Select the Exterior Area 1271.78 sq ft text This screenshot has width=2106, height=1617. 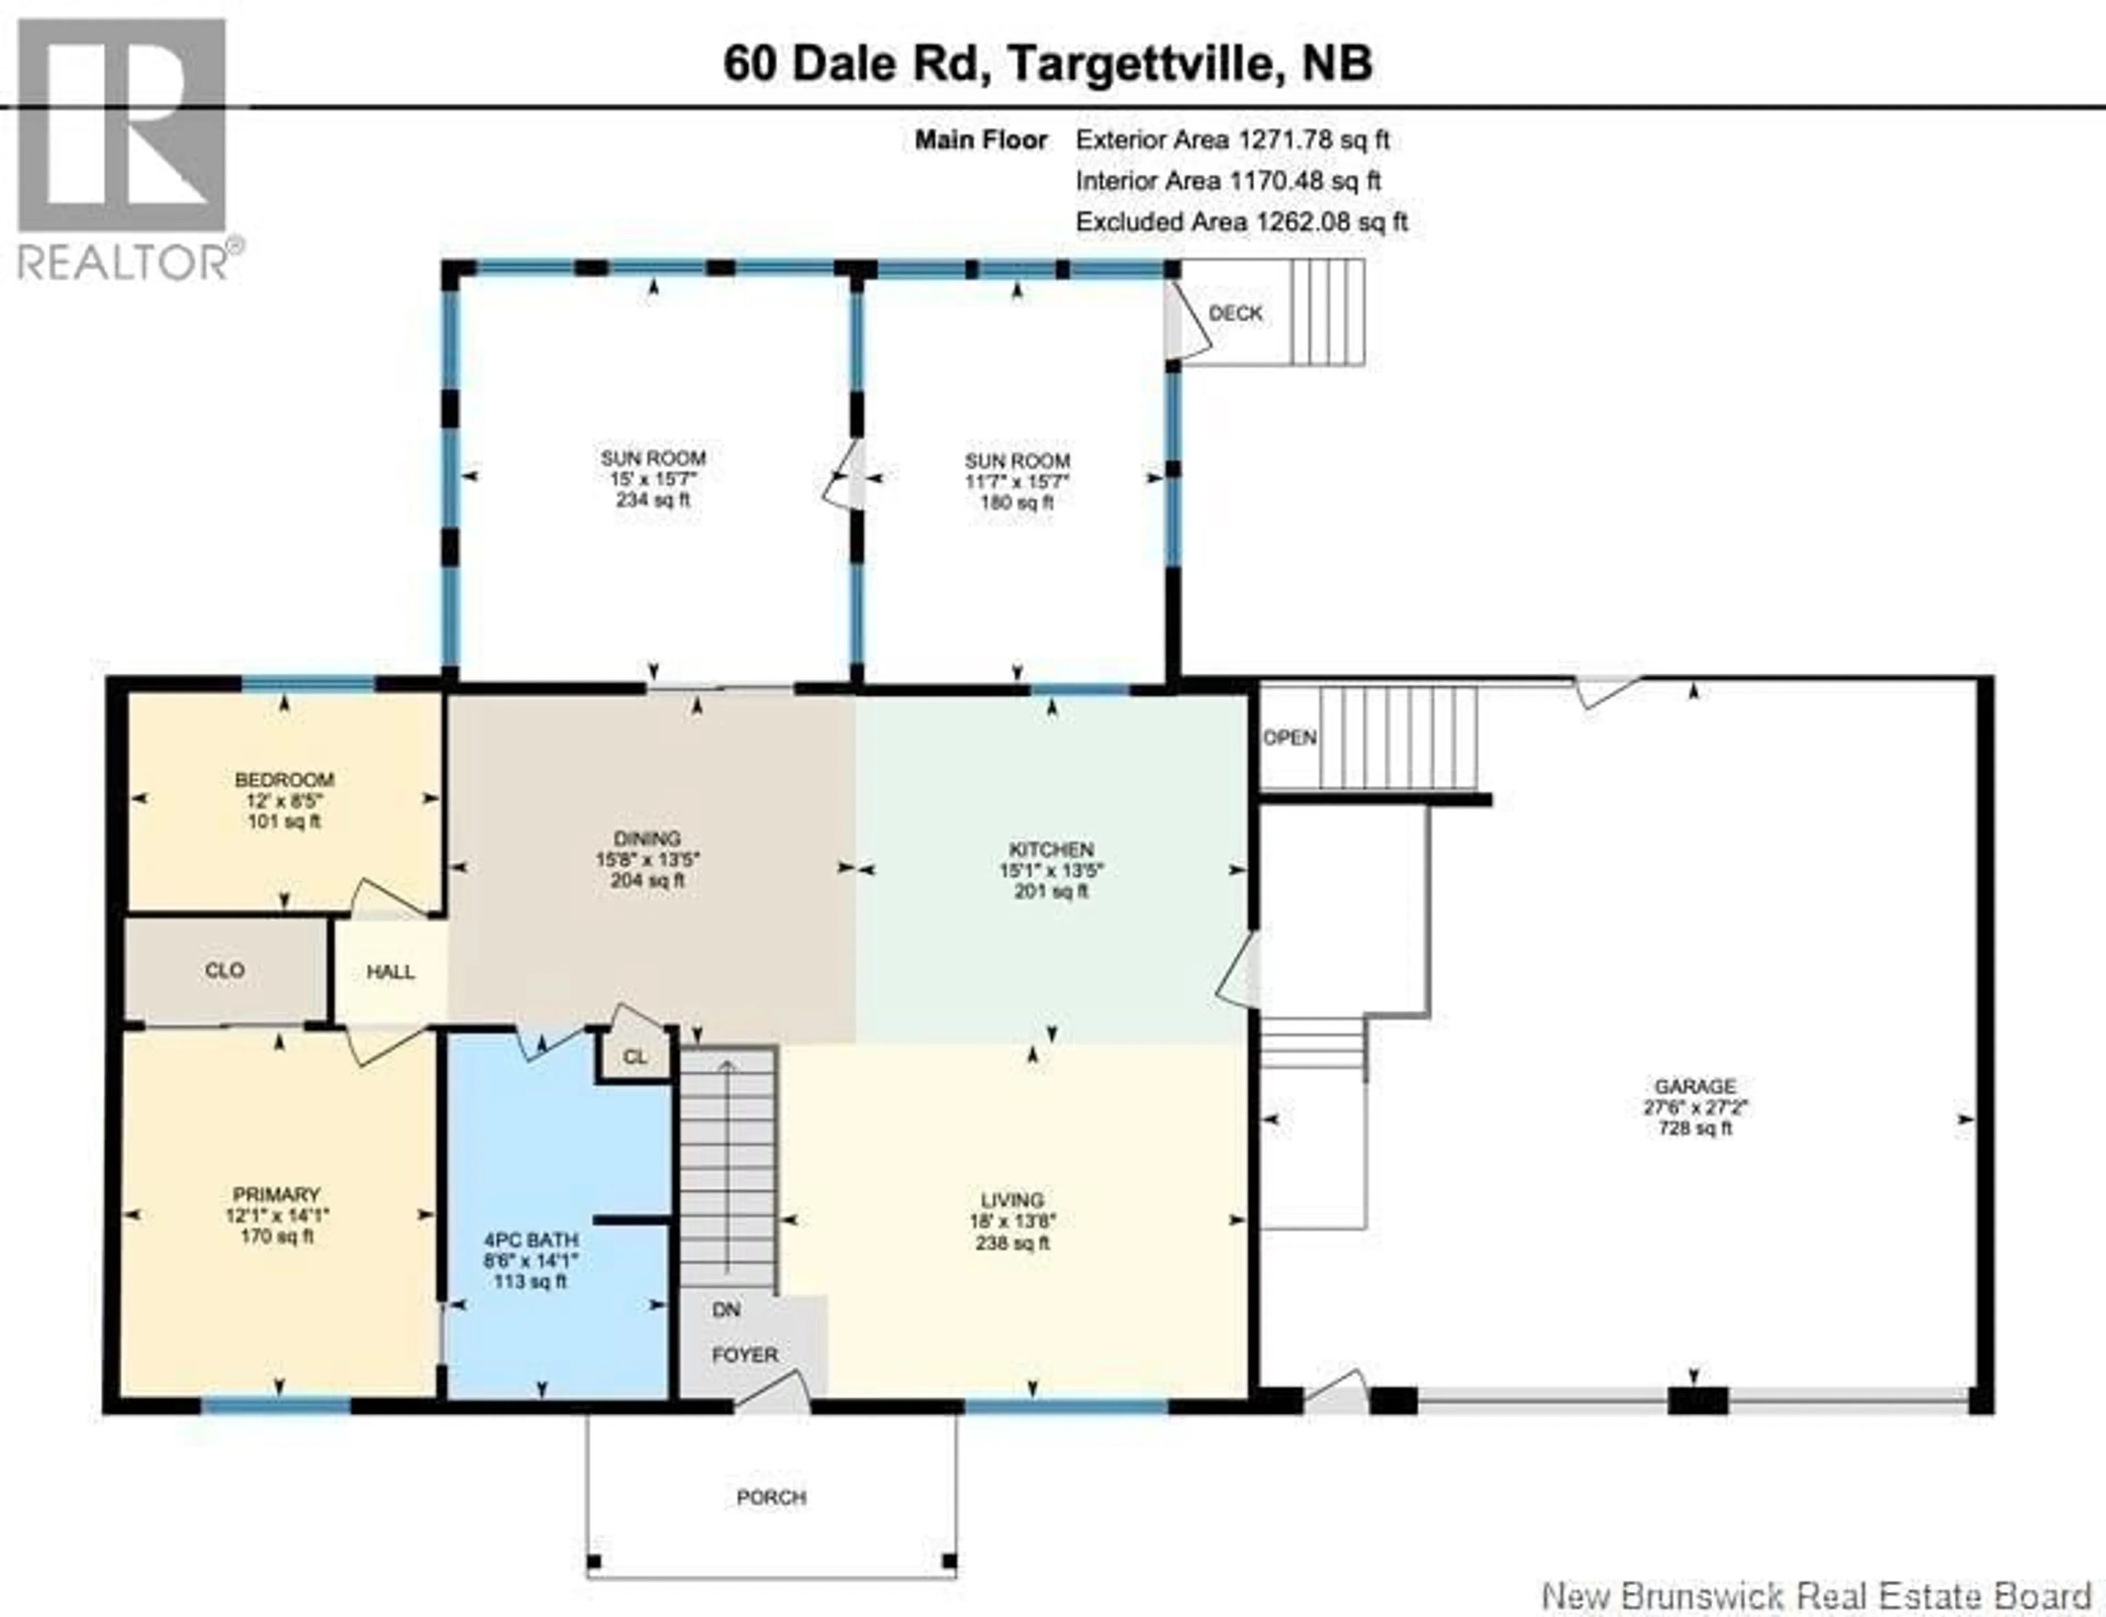1232,140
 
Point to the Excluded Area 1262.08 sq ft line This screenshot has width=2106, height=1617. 1241,223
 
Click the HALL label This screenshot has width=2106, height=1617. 390,972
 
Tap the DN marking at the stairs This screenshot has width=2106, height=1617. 726,1310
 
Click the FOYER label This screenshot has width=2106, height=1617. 744,1355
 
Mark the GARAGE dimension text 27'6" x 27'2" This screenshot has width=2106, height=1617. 1695,1107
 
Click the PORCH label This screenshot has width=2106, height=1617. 771,1498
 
